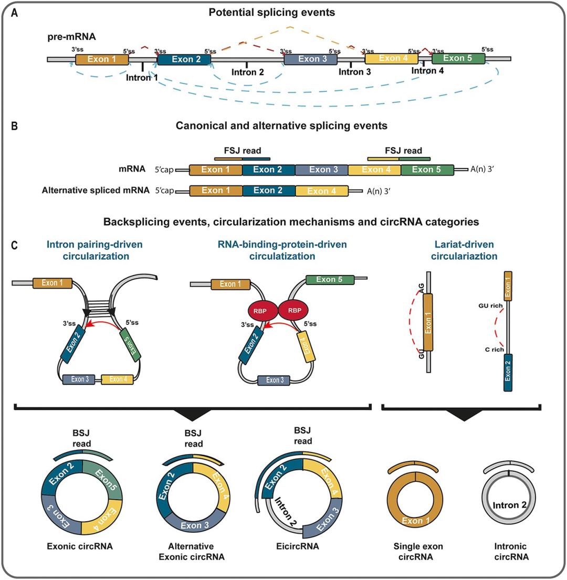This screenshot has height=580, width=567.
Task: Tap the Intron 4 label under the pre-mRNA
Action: (427, 70)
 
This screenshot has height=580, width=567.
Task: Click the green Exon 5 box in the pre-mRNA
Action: (457, 59)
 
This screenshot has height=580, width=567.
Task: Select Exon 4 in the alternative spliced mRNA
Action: (322, 191)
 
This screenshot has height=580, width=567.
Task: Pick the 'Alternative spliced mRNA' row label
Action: (97, 191)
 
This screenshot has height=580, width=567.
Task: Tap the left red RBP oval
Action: (262, 310)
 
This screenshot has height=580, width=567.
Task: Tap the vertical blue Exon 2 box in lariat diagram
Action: (508, 373)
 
